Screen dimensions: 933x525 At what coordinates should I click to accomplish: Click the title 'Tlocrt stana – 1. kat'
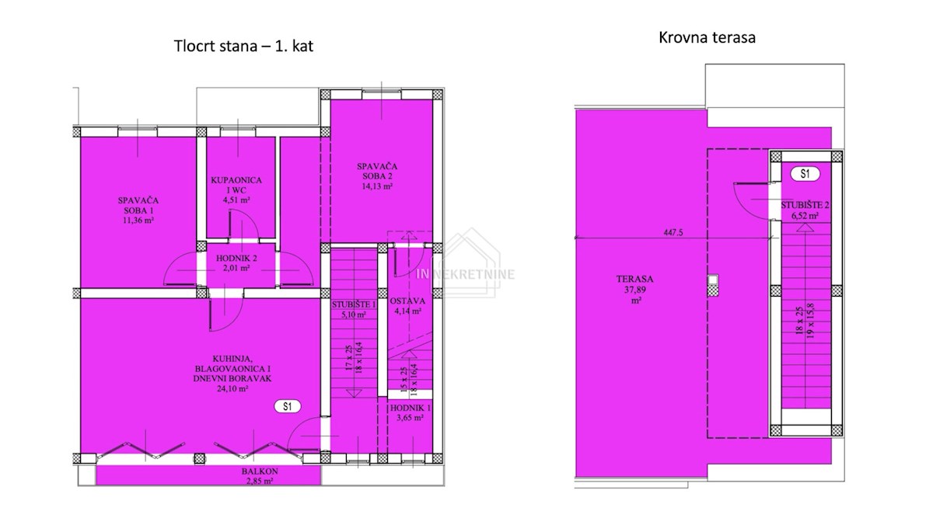click(x=243, y=46)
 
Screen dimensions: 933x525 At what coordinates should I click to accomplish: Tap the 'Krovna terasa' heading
click(x=707, y=38)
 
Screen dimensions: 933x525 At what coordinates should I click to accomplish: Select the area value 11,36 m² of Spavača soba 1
click(x=138, y=221)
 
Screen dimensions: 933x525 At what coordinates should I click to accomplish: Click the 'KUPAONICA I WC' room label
click(x=236, y=185)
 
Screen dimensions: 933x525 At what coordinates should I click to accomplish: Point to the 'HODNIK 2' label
click(x=236, y=259)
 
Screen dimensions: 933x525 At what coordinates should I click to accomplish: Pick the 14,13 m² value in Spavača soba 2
click(x=377, y=186)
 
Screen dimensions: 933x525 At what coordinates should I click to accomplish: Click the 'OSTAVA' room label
click(x=407, y=301)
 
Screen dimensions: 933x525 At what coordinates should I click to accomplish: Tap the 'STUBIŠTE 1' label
click(x=354, y=305)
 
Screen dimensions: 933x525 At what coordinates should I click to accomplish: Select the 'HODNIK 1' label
click(x=411, y=409)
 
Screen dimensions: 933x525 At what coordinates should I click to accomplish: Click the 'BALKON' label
click(x=260, y=471)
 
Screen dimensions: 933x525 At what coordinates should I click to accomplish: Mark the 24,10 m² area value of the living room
click(x=232, y=389)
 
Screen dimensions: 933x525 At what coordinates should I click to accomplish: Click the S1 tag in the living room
click(x=288, y=406)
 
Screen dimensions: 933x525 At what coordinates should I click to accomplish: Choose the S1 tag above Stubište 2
click(x=805, y=174)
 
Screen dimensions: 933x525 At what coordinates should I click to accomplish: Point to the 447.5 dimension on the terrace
click(x=673, y=233)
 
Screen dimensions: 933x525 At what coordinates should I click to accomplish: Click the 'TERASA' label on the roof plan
click(x=634, y=279)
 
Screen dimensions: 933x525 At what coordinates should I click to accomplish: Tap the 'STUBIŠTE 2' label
click(x=805, y=205)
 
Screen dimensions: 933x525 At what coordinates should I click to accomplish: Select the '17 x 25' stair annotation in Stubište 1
click(x=349, y=359)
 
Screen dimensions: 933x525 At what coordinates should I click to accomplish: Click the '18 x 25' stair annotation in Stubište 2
click(x=798, y=321)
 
